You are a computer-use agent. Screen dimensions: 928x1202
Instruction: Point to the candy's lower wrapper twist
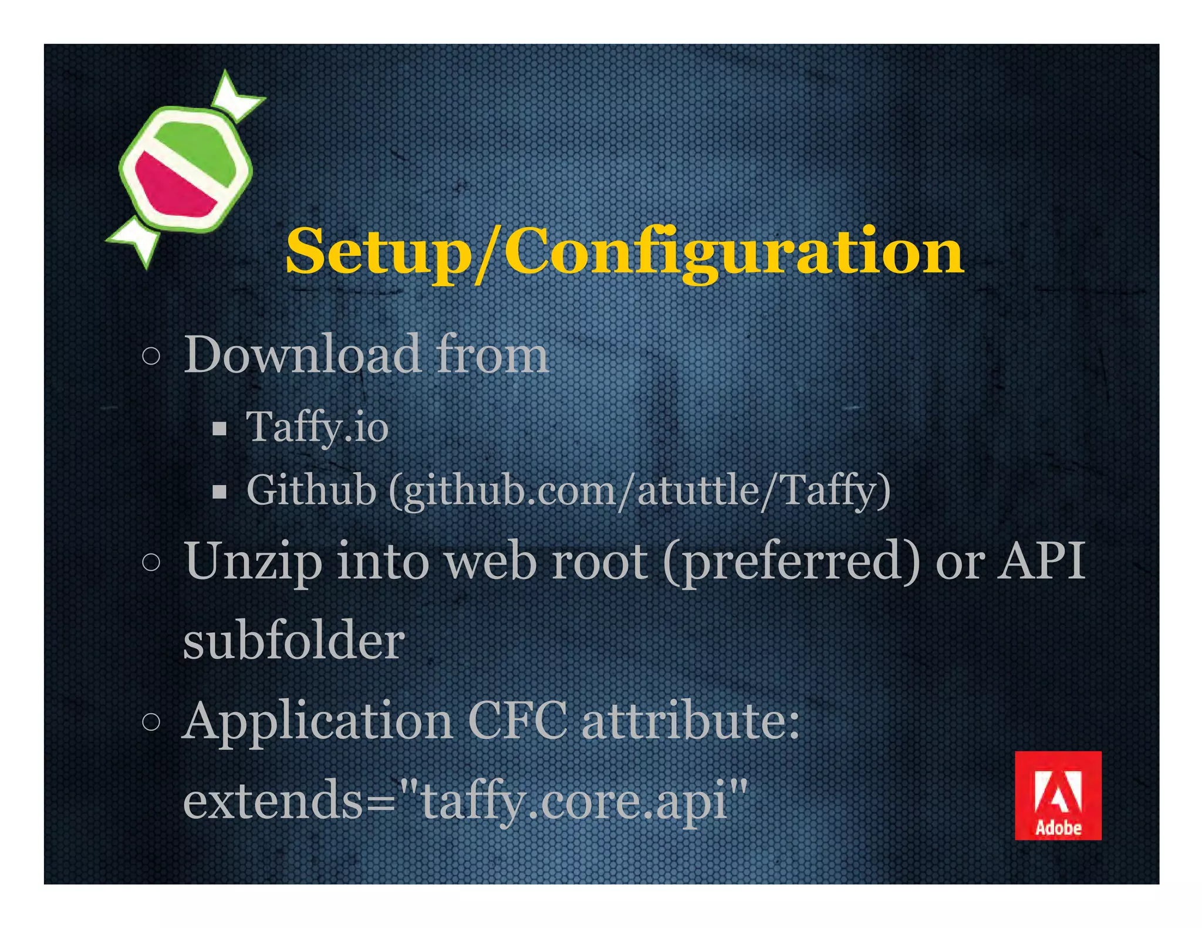[134, 240]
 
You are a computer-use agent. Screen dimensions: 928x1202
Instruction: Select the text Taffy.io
[317, 427]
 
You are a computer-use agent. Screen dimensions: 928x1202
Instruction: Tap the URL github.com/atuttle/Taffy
[640, 491]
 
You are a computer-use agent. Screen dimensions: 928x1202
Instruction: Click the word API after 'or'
[1041, 561]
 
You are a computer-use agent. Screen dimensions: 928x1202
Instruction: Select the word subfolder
[294, 641]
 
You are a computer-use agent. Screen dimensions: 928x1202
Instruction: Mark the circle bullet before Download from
[151, 356]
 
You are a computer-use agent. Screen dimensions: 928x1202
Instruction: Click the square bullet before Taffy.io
[220, 429]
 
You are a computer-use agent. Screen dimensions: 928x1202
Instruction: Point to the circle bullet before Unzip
[151, 562]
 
